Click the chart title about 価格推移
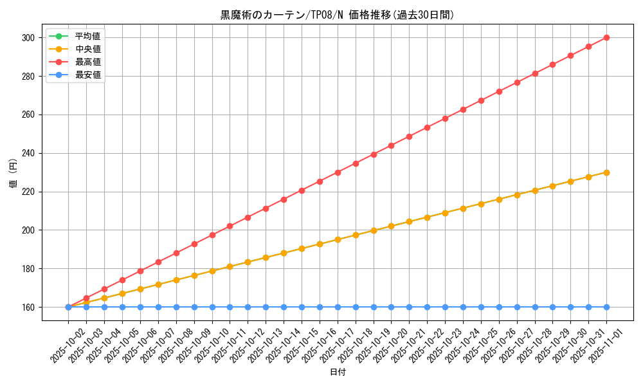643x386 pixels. [337, 15]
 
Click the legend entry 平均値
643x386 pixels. [87, 35]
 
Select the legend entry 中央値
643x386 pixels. [87, 48]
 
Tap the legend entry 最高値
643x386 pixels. [87, 62]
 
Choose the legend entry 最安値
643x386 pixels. [87, 75]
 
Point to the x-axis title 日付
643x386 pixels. [338, 372]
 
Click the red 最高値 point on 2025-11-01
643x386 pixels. [606, 37]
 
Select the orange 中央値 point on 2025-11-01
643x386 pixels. [606, 172]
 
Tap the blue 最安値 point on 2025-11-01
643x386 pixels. [606, 307]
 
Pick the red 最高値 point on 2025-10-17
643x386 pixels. [338, 172]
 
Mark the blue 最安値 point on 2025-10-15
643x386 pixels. [302, 307]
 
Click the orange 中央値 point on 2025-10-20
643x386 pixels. [391, 226]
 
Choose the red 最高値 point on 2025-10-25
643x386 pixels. [481, 100]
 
